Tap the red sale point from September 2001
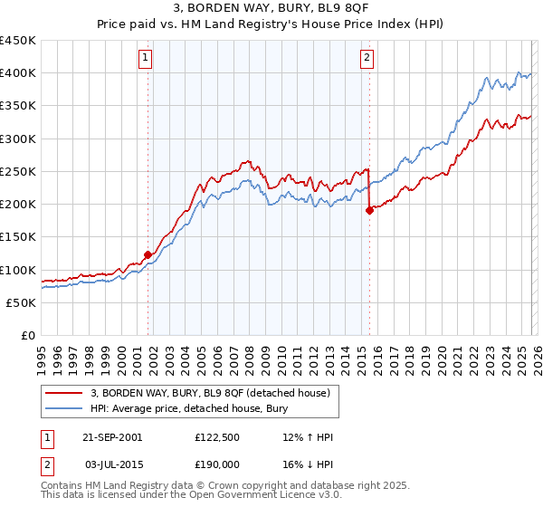click(148, 254)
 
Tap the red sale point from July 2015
click(369, 210)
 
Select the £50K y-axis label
click(22, 302)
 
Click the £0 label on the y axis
click(28, 335)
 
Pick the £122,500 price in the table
click(215, 436)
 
